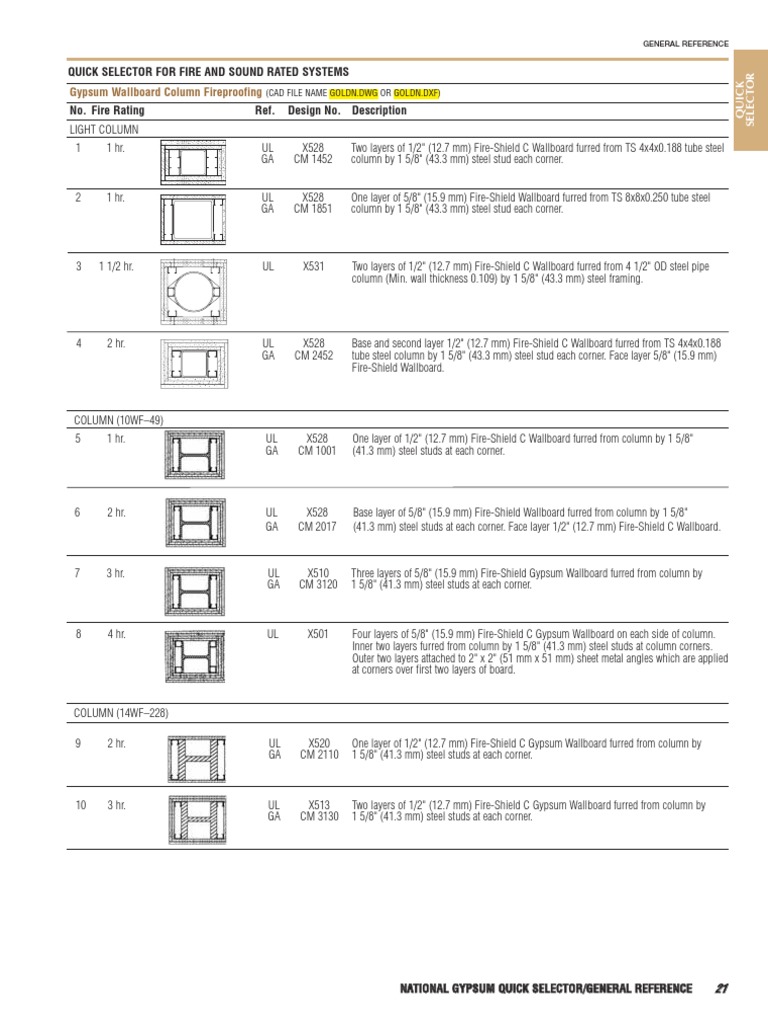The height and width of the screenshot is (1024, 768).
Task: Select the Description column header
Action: [379, 111]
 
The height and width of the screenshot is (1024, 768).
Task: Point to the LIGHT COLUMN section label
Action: [104, 130]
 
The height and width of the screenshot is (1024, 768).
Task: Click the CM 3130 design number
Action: [318, 817]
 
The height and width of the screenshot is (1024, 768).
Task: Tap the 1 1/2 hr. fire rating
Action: [116, 268]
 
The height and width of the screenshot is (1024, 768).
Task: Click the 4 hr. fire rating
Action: [116, 634]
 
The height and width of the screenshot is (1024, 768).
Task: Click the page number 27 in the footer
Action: [721, 989]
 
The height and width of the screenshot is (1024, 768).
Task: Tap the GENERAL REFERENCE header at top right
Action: [685, 44]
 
